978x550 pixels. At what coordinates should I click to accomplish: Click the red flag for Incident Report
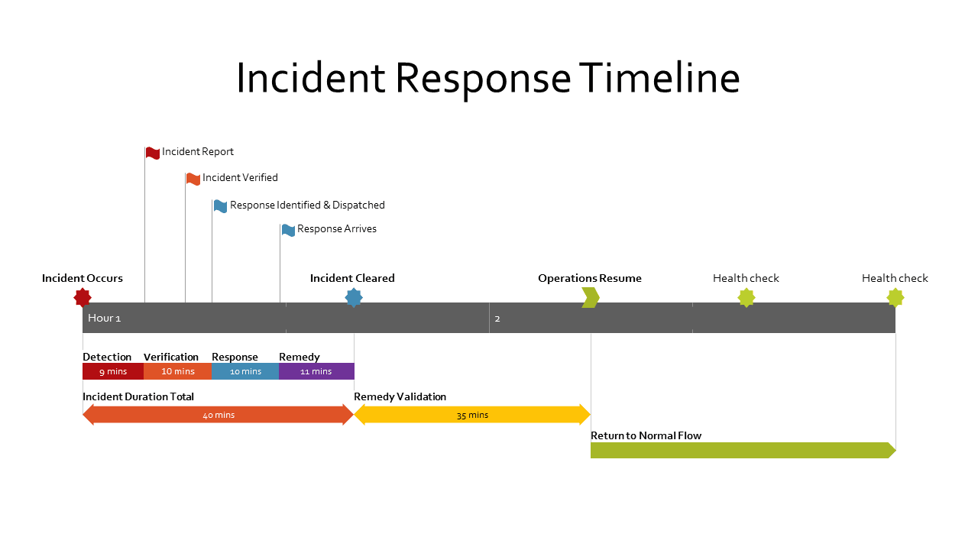pyautogui.click(x=153, y=153)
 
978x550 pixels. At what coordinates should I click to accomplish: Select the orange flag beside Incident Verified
pyautogui.click(x=193, y=179)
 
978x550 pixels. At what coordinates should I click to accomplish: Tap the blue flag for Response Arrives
pyautogui.click(x=288, y=230)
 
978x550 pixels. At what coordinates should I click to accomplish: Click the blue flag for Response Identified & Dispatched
pyautogui.click(x=220, y=206)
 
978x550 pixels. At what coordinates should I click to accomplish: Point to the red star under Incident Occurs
pyautogui.click(x=83, y=297)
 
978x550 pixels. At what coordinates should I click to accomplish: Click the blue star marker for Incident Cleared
pyautogui.click(x=354, y=297)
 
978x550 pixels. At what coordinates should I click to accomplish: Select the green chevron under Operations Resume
pyautogui.click(x=590, y=297)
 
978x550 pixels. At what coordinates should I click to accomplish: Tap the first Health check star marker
pyautogui.click(x=746, y=297)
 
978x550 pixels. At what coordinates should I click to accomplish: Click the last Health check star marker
pyautogui.click(x=895, y=297)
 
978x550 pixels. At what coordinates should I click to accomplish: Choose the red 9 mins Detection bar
pyautogui.click(x=113, y=371)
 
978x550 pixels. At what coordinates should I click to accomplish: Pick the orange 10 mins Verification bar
pyautogui.click(x=177, y=371)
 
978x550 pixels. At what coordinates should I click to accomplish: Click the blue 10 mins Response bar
pyautogui.click(x=245, y=371)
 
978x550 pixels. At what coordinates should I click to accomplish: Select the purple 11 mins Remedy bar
pyautogui.click(x=316, y=371)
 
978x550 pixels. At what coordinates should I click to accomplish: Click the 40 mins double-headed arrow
pyautogui.click(x=219, y=415)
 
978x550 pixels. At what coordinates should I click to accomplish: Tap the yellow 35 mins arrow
pyautogui.click(x=472, y=415)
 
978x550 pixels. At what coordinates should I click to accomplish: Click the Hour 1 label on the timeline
pyautogui.click(x=105, y=318)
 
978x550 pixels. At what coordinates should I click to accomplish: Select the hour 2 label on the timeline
pyautogui.click(x=497, y=319)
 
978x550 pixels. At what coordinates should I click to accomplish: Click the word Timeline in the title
pyautogui.click(x=659, y=78)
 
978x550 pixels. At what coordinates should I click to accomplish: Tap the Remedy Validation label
pyautogui.click(x=400, y=396)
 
